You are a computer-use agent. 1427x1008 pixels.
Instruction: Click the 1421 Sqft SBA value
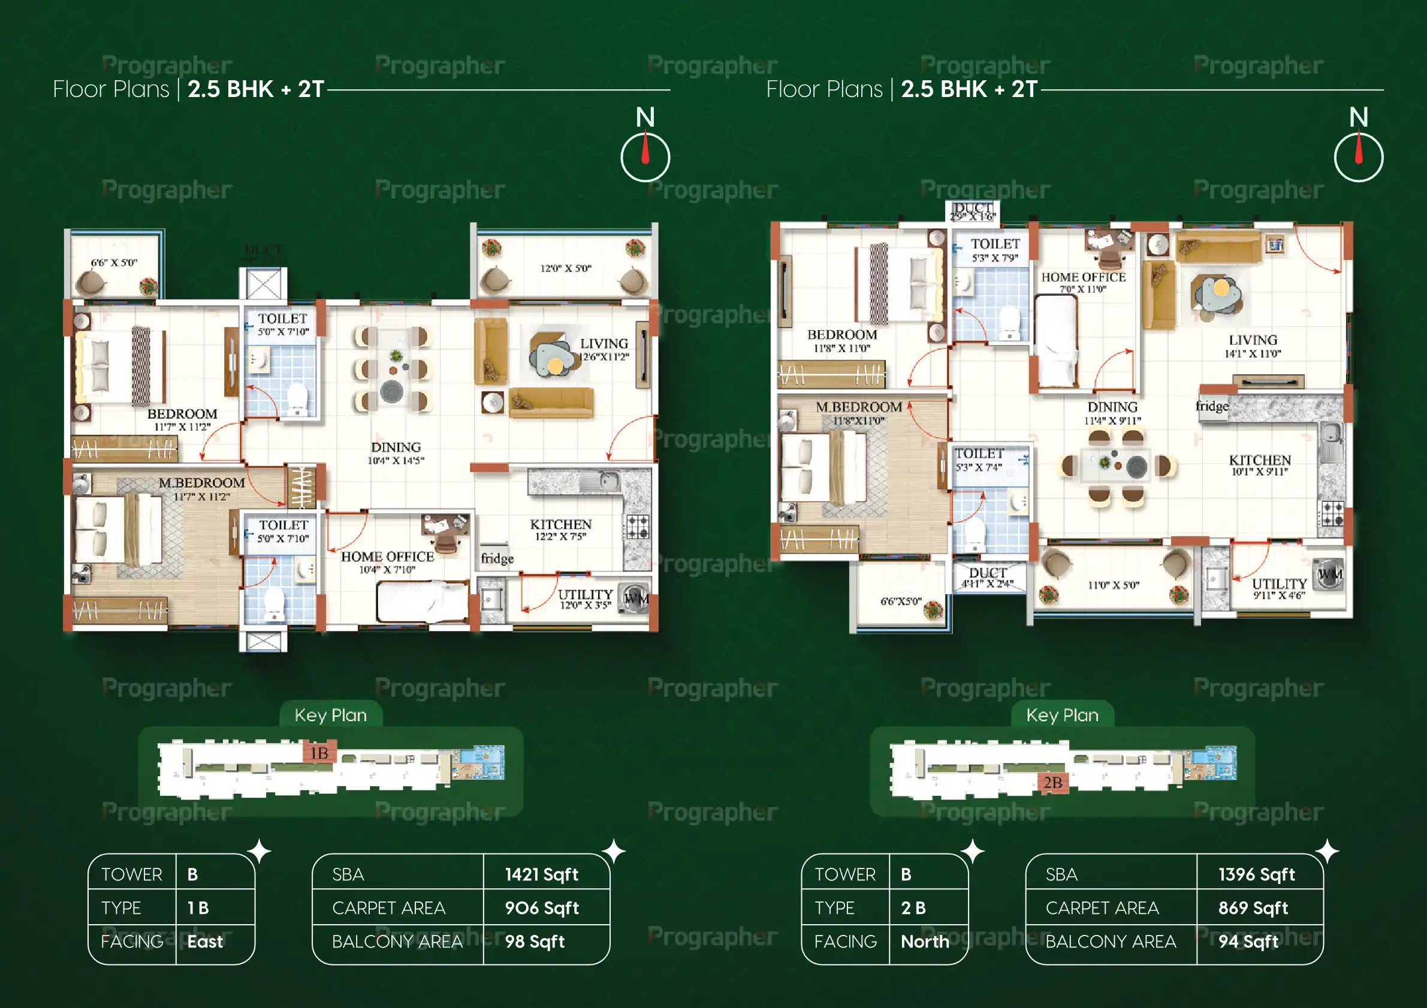click(541, 874)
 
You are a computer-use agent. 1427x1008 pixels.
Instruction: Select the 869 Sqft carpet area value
click(1253, 908)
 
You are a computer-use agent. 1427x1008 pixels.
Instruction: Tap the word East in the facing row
click(205, 942)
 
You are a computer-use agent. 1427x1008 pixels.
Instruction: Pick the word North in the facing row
click(925, 942)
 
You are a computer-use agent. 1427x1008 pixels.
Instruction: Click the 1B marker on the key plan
click(319, 753)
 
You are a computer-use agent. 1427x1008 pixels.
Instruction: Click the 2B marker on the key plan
click(1053, 783)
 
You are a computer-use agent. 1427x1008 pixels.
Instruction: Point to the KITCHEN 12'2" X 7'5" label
click(560, 530)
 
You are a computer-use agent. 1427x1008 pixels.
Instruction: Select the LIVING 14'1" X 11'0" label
click(1253, 346)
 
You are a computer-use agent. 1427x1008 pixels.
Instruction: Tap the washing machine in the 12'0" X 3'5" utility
click(635, 599)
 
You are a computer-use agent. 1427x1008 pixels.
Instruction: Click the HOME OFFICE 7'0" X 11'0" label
click(1084, 282)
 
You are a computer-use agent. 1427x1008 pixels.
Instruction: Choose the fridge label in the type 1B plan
click(497, 558)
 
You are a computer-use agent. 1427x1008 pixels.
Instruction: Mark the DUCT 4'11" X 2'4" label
click(988, 577)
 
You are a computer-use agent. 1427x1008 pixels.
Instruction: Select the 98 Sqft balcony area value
click(535, 942)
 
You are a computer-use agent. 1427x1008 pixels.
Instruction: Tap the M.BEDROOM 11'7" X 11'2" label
click(201, 489)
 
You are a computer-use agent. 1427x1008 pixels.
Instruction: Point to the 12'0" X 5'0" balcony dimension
click(566, 268)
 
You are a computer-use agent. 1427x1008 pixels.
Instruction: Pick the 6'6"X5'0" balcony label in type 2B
click(901, 601)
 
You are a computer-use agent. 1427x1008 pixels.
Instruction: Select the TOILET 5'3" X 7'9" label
click(995, 250)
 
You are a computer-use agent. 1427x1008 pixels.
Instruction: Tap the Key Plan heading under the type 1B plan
click(331, 715)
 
